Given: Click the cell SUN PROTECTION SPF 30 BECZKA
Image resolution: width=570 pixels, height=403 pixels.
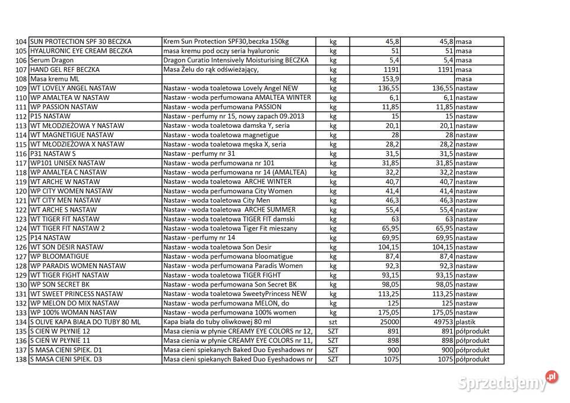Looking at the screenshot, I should pyautogui.click(x=81, y=42).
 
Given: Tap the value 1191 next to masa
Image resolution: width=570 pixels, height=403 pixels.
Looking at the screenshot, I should pyautogui.click(x=442, y=70).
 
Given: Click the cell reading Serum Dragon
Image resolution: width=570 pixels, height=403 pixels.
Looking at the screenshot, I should pyautogui.click(x=52, y=60).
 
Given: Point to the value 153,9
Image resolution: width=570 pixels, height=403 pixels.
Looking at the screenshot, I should pyautogui.click(x=389, y=79).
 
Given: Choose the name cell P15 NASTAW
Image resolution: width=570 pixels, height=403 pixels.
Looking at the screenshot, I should pyautogui.click(x=50, y=116).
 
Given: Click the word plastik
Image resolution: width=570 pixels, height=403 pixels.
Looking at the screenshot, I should pyautogui.click(x=467, y=322).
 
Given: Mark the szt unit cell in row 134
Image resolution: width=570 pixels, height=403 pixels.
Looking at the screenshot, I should pyautogui.click(x=332, y=322).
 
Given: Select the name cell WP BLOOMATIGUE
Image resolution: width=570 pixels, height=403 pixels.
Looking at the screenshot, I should pyautogui.click(x=59, y=256).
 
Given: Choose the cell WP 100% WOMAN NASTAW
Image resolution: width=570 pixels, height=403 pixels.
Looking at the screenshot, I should pyautogui.click(x=74, y=312).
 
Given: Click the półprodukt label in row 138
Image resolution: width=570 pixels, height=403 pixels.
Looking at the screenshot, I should pyautogui.click(x=473, y=359).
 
